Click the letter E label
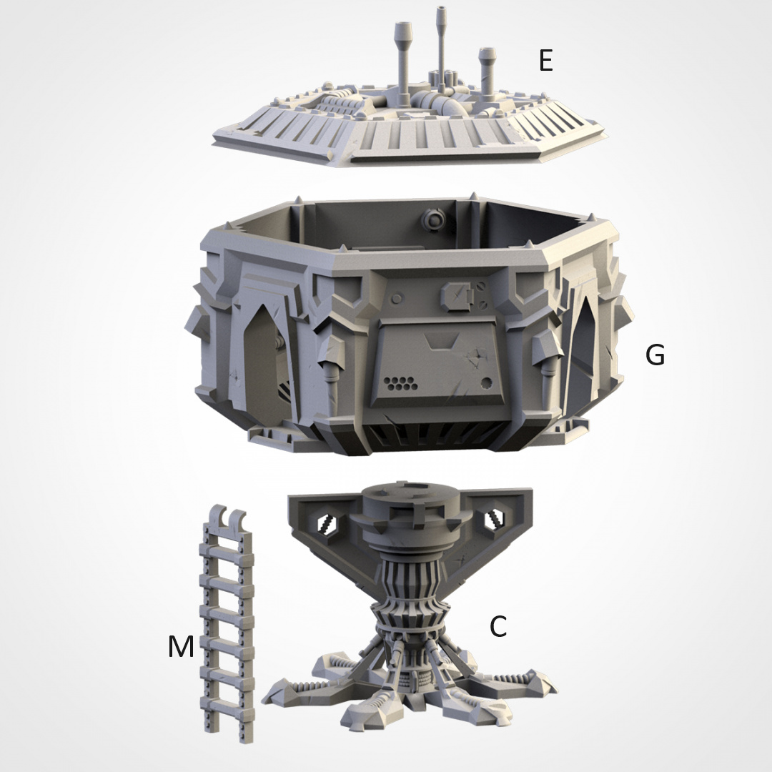click(545, 61)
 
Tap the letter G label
click(655, 354)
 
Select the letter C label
click(498, 626)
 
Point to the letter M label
click(181, 646)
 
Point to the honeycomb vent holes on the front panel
click(400, 384)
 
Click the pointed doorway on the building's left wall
click(262, 357)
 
